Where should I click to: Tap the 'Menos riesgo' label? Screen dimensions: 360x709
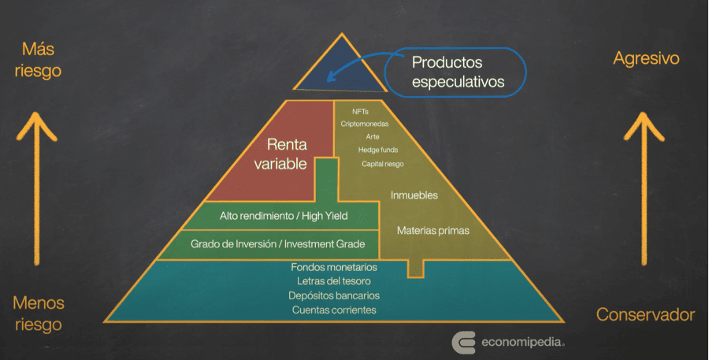pos(39,314)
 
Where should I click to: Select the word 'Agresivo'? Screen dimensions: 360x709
pos(646,59)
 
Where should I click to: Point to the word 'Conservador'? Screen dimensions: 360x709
pos(645,315)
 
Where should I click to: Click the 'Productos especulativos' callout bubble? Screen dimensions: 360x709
pos(455,71)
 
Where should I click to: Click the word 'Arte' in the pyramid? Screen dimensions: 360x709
pos(373,137)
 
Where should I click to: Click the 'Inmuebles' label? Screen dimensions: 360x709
pos(414,195)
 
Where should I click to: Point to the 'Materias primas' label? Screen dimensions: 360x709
pos(432,231)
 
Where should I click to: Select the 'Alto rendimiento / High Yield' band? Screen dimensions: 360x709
pos(284,215)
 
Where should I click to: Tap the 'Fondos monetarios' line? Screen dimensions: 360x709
pos(334,267)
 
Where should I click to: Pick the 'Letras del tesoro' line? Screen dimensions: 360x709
pos(334,281)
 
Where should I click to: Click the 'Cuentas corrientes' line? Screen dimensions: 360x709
pos(334,310)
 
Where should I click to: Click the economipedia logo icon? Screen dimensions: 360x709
pos(463,342)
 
